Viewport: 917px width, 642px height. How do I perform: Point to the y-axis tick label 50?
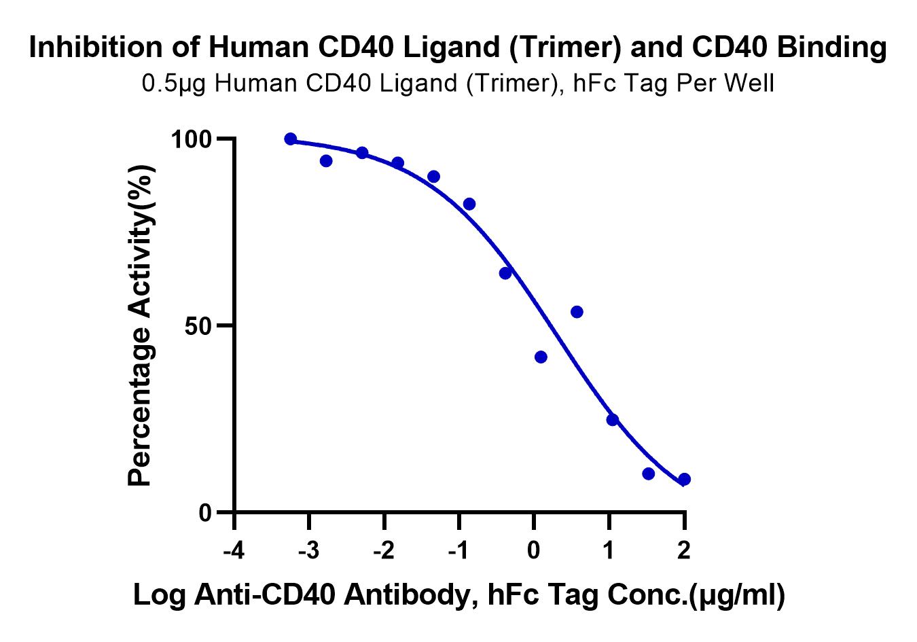200,326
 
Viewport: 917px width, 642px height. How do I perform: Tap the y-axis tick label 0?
206,513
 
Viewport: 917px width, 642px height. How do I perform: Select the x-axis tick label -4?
234,550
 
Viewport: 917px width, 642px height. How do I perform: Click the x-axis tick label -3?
308,550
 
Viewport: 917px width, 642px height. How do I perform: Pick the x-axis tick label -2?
384,550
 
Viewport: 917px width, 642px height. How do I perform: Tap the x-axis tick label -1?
458,550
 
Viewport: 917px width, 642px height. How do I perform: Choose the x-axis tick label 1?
609,550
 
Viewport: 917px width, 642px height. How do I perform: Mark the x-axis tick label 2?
684,550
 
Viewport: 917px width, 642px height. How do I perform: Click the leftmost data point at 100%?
291,139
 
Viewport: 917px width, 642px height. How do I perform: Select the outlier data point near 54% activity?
577,312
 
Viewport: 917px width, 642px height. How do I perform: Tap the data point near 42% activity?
541,357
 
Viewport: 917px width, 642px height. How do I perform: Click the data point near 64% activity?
505,273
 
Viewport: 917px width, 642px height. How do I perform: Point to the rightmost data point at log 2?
684,480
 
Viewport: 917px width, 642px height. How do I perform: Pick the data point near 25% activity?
612,420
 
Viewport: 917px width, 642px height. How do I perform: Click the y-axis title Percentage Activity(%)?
141,326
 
